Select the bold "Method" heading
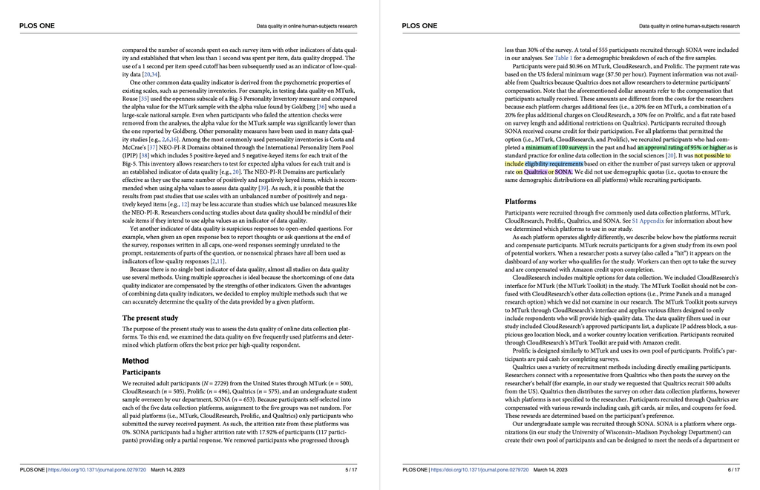(136, 361)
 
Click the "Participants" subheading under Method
(142, 372)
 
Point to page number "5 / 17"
(351, 470)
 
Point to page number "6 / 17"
(734, 470)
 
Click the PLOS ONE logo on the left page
(34, 26)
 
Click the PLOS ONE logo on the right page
(419, 26)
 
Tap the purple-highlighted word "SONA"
(563, 171)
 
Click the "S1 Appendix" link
(648, 220)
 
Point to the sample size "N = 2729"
(217, 383)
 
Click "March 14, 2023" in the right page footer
(551, 470)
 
